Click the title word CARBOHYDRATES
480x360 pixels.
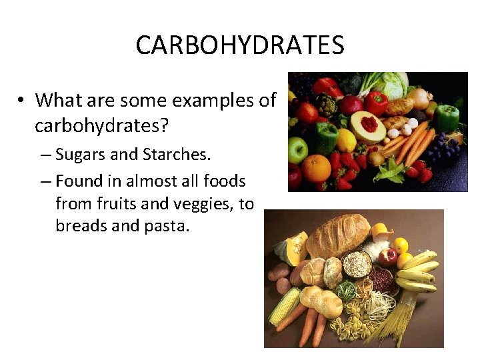[240, 45]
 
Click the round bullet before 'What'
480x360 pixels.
[22, 101]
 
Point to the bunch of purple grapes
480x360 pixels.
[443, 147]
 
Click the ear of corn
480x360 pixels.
[285, 305]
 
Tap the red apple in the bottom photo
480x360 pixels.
[387, 257]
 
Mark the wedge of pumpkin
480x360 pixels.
[293, 249]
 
